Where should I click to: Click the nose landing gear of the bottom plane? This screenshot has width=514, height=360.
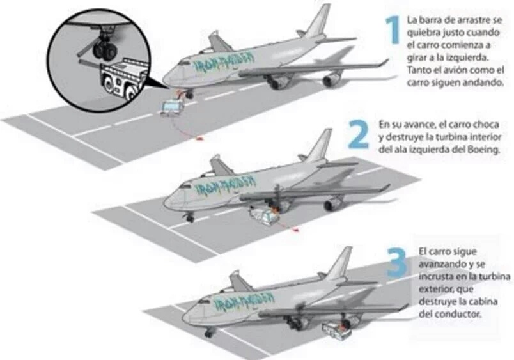(209, 332)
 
